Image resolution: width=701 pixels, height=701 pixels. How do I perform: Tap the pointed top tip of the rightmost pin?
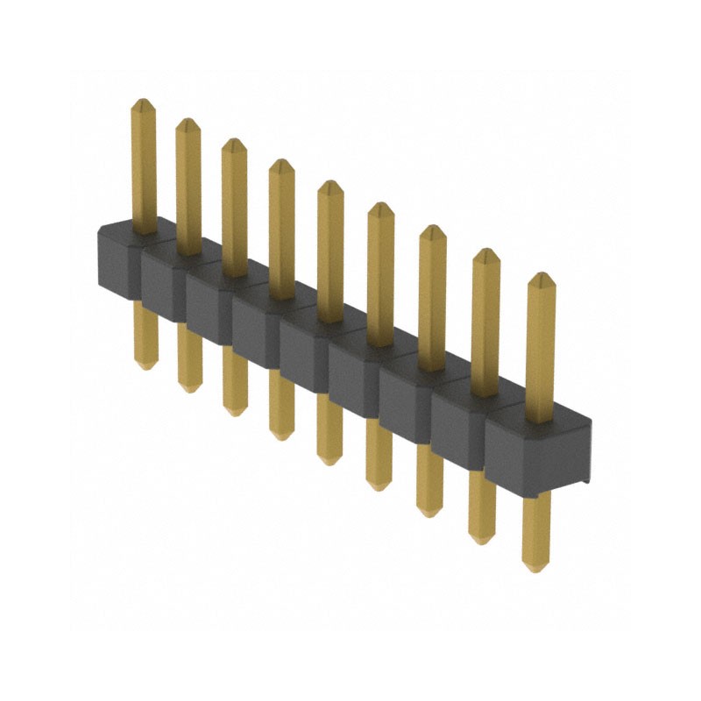click(542, 277)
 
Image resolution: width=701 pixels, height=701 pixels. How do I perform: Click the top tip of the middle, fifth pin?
click(329, 185)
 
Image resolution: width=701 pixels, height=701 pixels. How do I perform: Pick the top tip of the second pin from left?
click(188, 123)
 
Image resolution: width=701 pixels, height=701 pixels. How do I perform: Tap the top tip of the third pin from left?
click(233, 143)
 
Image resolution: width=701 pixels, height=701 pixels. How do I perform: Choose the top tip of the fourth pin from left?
click(280, 163)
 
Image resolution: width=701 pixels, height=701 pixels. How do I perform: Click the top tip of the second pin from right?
click(486, 254)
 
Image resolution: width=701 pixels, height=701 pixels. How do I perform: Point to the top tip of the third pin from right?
click(432, 230)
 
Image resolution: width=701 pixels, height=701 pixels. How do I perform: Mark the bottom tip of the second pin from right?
click(481, 539)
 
